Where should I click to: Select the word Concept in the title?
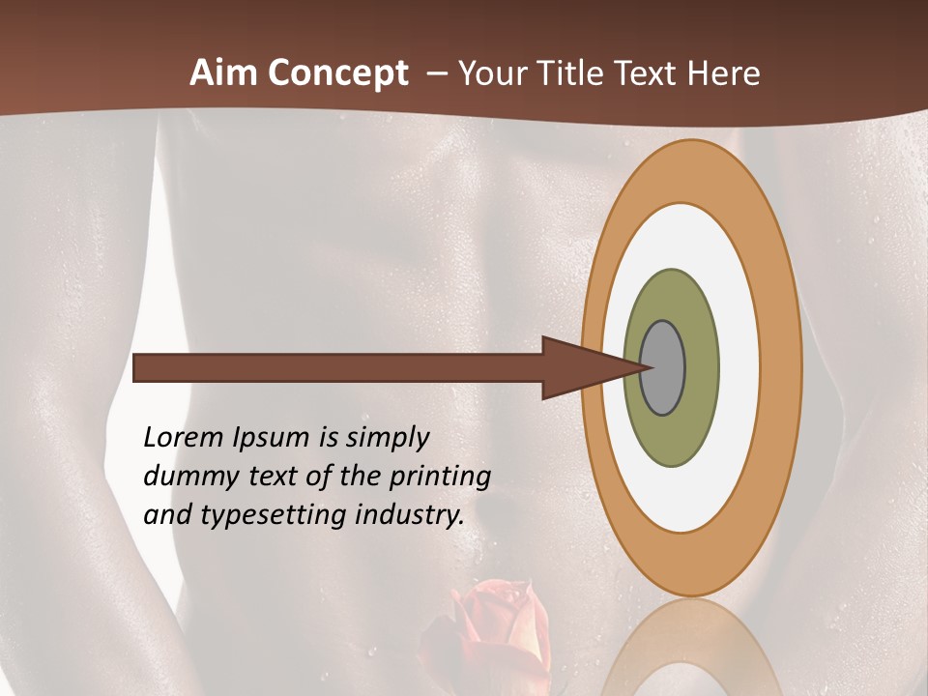click(x=338, y=72)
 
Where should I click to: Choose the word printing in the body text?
click(x=439, y=478)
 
